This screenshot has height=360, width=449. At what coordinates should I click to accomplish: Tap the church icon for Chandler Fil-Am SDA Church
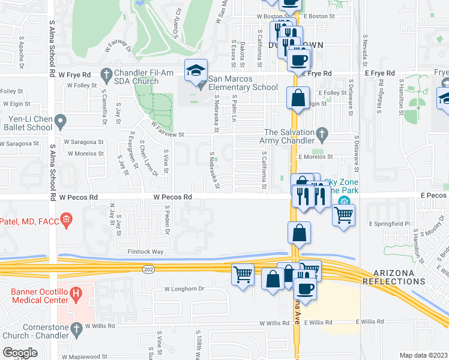[106, 75]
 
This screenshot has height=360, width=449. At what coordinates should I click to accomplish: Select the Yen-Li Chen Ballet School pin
[60, 123]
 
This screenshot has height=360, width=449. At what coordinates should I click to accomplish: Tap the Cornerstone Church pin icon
[76, 328]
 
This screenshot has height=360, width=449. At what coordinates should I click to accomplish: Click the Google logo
[20, 353]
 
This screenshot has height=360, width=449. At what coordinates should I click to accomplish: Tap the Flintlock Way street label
[141, 251]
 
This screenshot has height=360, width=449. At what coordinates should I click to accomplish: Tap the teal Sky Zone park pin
[343, 201]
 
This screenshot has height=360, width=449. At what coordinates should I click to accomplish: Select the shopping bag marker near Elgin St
[298, 98]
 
